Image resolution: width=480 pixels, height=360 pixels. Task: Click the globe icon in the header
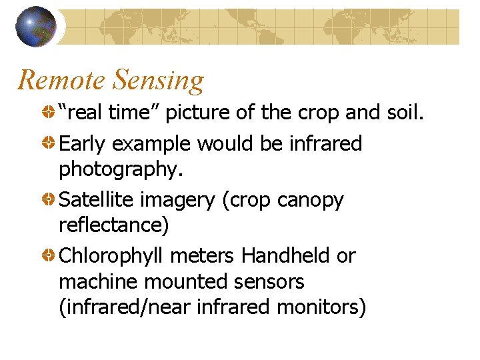click(36, 27)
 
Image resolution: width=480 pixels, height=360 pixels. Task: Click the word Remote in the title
click(61, 81)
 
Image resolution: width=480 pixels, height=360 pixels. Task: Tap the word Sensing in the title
click(159, 81)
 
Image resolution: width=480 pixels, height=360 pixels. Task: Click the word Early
click(83, 143)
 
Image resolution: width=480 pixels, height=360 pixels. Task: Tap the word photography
click(120, 169)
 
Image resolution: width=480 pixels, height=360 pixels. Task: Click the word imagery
click(177, 199)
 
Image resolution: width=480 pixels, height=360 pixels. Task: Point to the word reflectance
click(114, 225)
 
